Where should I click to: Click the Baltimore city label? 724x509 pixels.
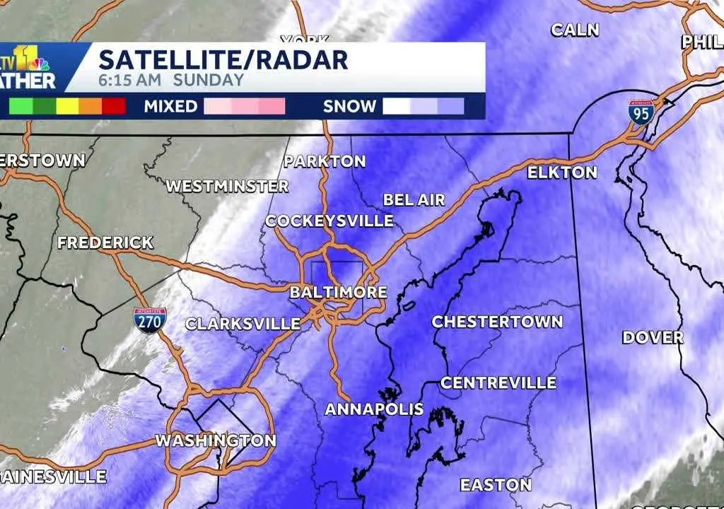coord(339,292)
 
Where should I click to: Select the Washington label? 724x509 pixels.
coord(216,440)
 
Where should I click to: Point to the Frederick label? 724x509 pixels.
coord(105,242)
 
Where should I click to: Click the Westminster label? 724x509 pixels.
coord(227,187)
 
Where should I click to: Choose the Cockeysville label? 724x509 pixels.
coord(329,221)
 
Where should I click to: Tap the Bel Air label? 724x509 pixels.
coord(414,200)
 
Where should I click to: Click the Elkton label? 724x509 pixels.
coord(563,172)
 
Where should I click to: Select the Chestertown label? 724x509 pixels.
coord(497,322)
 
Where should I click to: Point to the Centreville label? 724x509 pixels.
coord(498,383)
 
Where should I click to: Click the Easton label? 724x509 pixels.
coord(496,485)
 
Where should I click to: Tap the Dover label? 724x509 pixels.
coord(653,337)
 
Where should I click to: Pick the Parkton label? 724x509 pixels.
coord(325,161)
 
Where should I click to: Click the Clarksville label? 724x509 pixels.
coord(243,324)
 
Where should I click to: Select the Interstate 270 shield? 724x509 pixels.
coord(149,320)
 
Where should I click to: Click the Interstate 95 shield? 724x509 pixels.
coord(641,112)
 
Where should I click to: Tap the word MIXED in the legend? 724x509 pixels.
coord(170,107)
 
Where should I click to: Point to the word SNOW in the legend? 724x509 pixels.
coord(349,107)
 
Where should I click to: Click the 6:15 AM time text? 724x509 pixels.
coord(129,80)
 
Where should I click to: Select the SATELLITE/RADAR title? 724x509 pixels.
coord(223,59)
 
